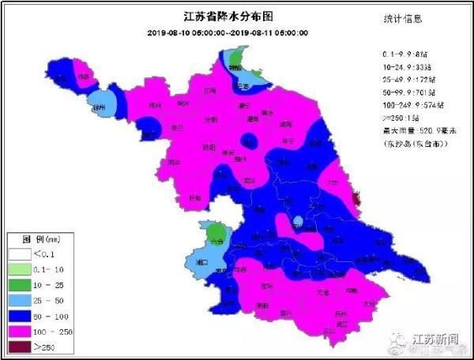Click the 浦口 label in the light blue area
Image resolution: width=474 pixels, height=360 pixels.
[x=201, y=260]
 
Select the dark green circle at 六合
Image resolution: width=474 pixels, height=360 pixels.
[x=215, y=234]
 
